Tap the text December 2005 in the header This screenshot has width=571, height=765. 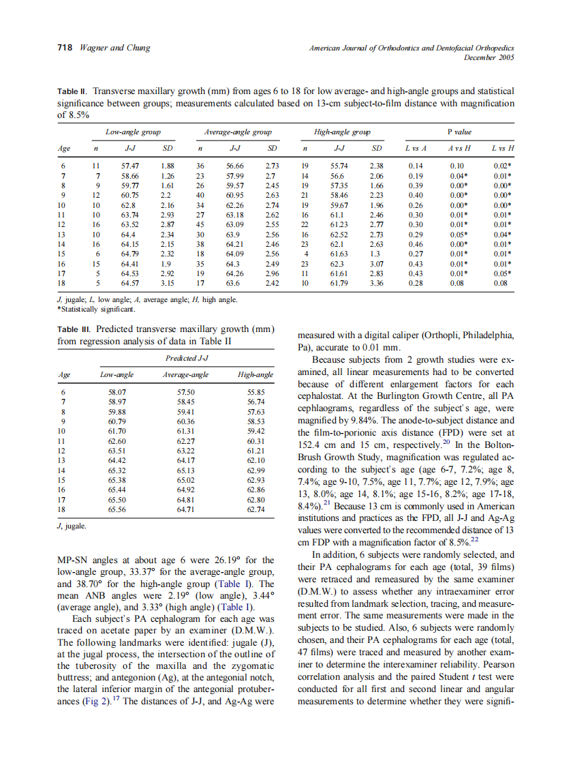click(489, 57)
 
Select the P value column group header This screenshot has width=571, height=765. click(459, 132)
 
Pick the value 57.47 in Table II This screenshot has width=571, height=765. click(130, 166)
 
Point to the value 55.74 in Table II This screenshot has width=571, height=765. click(339, 166)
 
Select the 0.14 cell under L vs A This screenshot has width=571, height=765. click(416, 166)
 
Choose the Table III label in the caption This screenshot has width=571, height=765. click(75, 329)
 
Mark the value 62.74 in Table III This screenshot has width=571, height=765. click(256, 509)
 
